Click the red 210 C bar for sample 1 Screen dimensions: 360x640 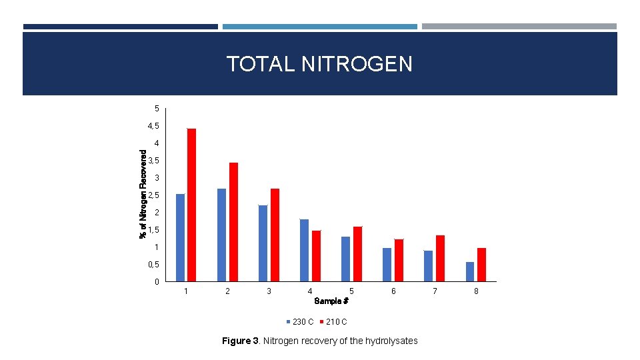191,205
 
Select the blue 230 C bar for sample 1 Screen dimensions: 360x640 180,237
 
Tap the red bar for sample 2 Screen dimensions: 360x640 233,221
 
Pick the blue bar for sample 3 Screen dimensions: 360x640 263,243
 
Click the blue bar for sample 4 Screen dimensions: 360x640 304,250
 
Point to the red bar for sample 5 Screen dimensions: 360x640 357,254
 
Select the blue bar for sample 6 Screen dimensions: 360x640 387,265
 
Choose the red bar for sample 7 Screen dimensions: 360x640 440,258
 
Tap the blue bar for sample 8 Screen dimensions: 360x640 470,271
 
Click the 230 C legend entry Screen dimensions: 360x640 300,322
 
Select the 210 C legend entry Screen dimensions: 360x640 333,322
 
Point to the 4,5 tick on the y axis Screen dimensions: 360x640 154,126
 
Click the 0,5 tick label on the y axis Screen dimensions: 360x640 154,265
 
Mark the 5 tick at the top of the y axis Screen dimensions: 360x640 157,109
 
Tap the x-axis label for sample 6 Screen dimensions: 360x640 393,291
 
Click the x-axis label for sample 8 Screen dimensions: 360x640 476,291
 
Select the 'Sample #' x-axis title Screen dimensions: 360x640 331,301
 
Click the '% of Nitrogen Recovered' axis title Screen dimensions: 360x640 143,193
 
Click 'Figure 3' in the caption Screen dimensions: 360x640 240,341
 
